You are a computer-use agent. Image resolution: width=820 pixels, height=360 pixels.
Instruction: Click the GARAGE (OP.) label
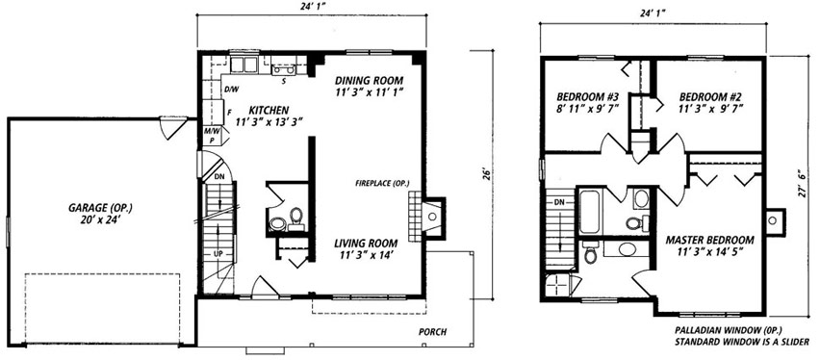pos(99,207)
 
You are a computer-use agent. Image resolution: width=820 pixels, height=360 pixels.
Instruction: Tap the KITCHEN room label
pos(269,111)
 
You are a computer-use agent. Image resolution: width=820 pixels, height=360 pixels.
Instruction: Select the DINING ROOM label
pos(370,81)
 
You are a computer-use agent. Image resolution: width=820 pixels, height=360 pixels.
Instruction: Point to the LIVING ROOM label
pos(366,244)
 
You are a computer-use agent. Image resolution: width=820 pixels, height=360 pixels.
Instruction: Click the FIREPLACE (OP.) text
pos(382,183)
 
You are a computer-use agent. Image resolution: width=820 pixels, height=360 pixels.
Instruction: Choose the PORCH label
pos(432,332)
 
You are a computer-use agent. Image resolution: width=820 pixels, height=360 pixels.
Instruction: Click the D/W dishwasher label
pos(231,90)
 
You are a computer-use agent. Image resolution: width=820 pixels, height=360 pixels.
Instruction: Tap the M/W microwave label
pos(211,131)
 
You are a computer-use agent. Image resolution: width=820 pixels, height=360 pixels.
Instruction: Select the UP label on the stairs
pos(218,254)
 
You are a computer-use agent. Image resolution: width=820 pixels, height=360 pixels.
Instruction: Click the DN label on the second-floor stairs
pos(559,201)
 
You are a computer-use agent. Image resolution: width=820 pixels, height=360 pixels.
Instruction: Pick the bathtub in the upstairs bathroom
pos(590,211)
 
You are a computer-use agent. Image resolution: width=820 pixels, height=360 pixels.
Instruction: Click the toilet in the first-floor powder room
pos(296,219)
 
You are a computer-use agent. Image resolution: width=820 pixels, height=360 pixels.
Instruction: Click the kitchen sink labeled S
pos(284,69)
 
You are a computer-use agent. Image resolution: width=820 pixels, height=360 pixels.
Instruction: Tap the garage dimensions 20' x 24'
pos(99,219)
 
